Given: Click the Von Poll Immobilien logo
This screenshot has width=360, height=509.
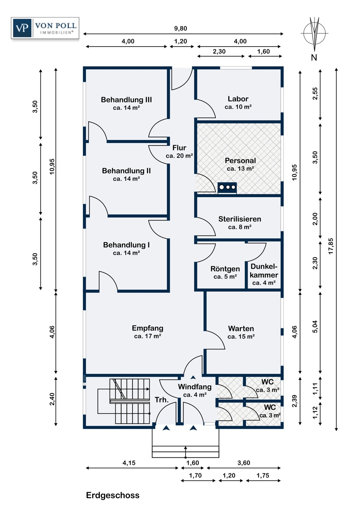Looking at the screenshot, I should tap(45, 28).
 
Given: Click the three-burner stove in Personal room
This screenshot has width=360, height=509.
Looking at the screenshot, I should tap(227, 187).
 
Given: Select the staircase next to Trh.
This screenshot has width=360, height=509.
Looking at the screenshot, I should tap(129, 401).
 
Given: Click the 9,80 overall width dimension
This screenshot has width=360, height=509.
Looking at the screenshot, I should tap(181, 29).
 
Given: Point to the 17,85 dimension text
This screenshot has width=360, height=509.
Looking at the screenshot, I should tap(331, 246).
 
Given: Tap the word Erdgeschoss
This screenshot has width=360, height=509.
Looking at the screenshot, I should tap(113, 495).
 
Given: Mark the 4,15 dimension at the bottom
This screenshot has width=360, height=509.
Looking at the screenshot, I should tap(129, 463).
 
